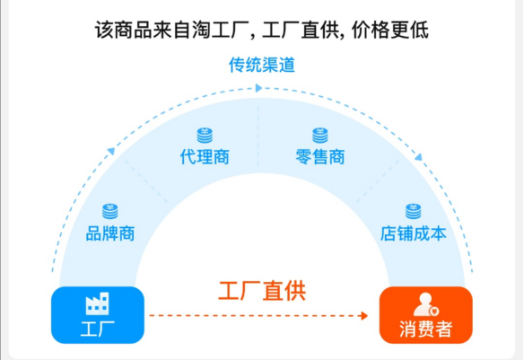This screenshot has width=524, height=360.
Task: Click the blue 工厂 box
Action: point(98,315)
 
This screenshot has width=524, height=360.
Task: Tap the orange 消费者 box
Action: point(425,315)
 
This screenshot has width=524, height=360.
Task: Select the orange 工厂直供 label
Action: point(262,291)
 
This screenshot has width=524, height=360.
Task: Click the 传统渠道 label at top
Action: point(262,65)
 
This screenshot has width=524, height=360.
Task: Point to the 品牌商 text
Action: point(110,233)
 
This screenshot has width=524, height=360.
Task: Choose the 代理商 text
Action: point(205,157)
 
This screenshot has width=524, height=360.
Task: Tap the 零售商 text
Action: point(320,157)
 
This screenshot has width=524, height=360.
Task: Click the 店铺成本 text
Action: point(414,233)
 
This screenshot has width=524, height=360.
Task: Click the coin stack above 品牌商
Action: point(110,211)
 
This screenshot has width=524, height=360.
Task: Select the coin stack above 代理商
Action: point(205,135)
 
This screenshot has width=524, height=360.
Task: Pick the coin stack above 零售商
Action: point(320,135)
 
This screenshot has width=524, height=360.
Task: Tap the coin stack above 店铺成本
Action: point(414,211)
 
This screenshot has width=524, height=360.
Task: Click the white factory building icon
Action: point(97,303)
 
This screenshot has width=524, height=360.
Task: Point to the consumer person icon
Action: point(426,304)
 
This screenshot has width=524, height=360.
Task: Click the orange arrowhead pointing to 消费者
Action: point(364,315)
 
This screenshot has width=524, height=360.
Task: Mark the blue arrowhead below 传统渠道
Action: point(258,88)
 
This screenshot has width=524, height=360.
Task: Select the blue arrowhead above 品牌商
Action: point(111,152)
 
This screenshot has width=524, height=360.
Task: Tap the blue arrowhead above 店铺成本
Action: point(418,157)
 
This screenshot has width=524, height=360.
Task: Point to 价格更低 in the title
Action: point(389,31)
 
